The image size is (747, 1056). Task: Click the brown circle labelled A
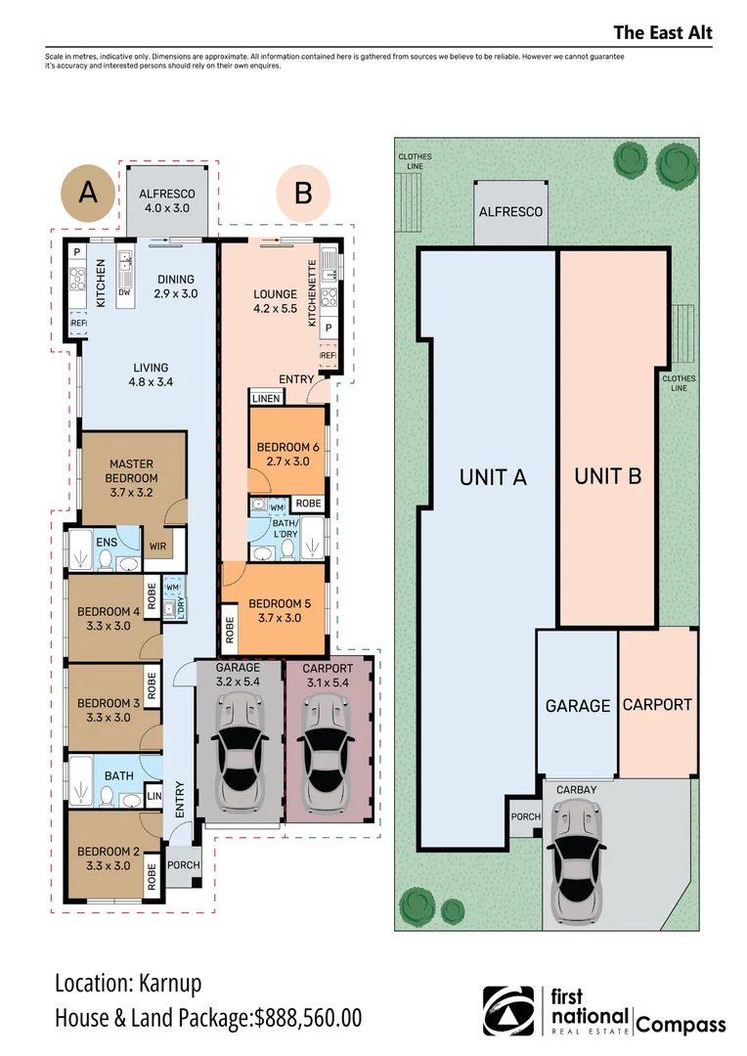88,193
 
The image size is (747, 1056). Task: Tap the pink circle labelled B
303,193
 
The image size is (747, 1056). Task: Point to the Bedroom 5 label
280,610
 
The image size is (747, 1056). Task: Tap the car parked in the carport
328,751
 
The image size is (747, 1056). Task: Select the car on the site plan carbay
575,860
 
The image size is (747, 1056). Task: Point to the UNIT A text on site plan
493,477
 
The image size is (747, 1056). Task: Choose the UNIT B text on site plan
607,476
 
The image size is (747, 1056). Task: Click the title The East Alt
662,33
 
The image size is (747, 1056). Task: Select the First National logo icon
509,1010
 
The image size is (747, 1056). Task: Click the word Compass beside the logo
681,1025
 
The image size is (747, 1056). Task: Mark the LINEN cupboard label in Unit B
266,398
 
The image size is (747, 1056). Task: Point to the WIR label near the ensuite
158,547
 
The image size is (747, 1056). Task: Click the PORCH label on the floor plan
184,864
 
